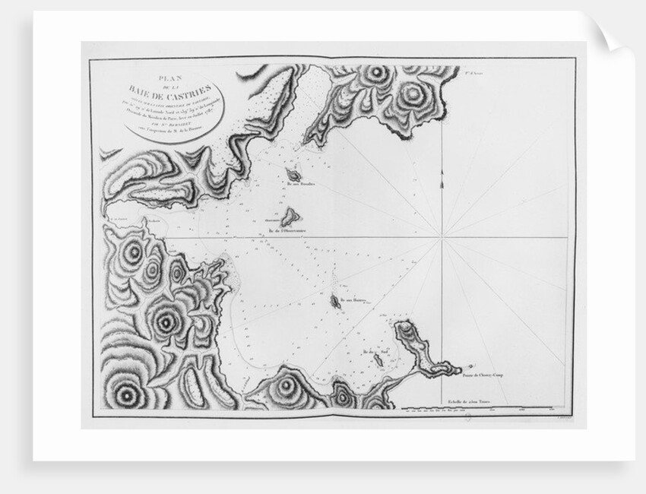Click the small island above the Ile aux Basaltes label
[293, 173]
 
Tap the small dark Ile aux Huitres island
[335, 302]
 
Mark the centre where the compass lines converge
[442, 237]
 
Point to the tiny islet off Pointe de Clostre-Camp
[471, 366]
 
